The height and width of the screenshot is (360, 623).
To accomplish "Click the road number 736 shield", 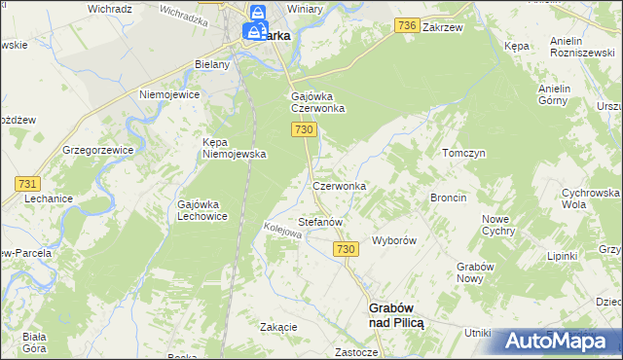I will (408, 25).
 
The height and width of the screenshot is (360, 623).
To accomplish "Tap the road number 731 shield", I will (27, 184).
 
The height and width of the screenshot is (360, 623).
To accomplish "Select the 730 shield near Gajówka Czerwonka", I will (305, 130).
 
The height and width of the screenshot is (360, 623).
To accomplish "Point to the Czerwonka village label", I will (339, 185).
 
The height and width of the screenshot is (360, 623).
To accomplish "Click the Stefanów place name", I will (320, 222).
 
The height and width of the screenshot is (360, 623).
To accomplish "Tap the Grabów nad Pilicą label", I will (396, 314).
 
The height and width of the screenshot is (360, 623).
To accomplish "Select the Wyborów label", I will (395, 240).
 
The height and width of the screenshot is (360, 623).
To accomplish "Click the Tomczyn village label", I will (463, 154).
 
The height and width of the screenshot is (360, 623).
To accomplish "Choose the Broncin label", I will (449, 198).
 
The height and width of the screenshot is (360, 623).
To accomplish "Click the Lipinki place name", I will (563, 256).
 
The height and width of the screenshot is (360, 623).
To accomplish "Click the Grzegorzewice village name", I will (96, 151).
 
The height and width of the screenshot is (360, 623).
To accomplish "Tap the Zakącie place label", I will (278, 327).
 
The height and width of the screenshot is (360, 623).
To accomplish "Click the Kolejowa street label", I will (283, 234).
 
